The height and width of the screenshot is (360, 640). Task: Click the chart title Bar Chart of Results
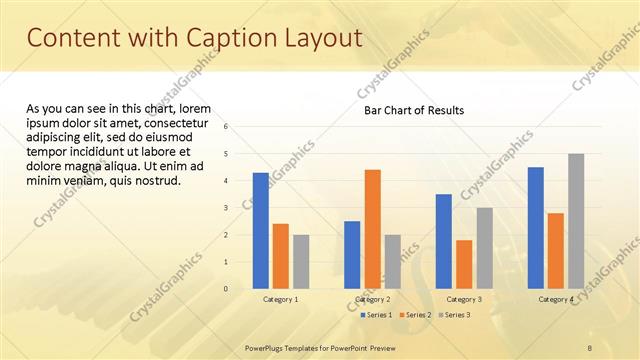click(x=413, y=110)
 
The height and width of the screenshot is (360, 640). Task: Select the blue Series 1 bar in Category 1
click(x=260, y=230)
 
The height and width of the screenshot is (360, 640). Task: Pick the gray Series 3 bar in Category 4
click(x=576, y=221)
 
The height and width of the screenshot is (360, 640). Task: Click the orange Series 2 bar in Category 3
click(x=464, y=264)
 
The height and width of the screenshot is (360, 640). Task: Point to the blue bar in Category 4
click(x=535, y=227)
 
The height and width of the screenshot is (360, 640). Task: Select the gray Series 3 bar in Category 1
click(x=301, y=261)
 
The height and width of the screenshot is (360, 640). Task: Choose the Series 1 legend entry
click(x=376, y=315)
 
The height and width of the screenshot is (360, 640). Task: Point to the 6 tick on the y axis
click(x=226, y=127)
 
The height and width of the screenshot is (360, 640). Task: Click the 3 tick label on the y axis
click(x=226, y=208)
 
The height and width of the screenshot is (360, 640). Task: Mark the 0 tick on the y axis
click(x=226, y=289)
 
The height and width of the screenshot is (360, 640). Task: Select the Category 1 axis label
click(x=280, y=299)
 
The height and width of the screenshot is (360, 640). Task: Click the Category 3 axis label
click(x=464, y=299)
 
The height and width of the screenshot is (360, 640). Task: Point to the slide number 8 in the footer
click(x=590, y=346)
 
